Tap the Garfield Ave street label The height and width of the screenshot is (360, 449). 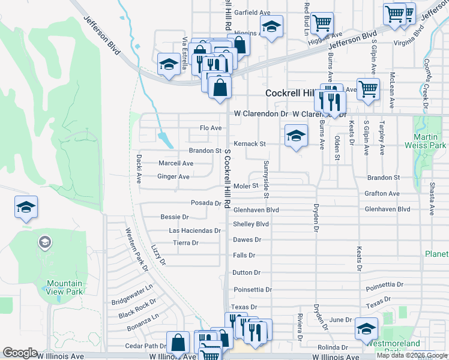click(253, 13)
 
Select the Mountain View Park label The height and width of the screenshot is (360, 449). click(64, 287)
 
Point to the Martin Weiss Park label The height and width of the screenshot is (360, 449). click(429, 141)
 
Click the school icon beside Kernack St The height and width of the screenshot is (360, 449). click(295, 137)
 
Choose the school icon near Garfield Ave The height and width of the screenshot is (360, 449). click(271, 27)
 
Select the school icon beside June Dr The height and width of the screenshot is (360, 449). click(366, 329)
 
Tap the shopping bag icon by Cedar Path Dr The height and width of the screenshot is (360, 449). click(178, 343)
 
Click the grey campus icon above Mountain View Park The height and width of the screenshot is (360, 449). click(44, 242)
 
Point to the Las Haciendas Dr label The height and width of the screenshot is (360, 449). click(195, 230)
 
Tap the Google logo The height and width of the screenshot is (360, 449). click(20, 353)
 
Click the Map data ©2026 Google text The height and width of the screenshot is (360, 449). click(412, 355)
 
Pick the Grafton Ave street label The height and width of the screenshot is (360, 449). click(382, 194)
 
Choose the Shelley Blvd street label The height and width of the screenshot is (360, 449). click(250, 224)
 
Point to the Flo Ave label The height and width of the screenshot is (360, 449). click(211, 128)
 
